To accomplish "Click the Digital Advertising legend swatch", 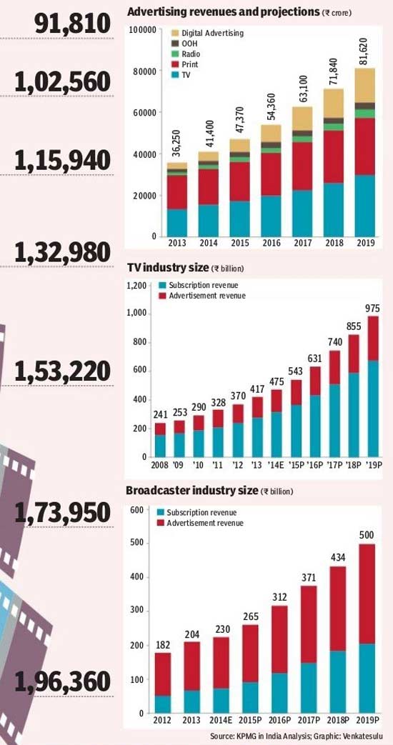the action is (175, 34).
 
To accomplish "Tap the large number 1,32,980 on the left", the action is (63, 252).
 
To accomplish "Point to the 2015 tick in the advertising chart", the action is (240, 243).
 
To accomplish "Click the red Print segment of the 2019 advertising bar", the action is (365, 147).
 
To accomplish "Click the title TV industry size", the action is (167, 267).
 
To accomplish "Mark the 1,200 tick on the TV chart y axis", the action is (136, 286).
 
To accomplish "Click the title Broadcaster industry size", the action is (191, 490).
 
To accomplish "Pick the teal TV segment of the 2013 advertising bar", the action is (176, 223).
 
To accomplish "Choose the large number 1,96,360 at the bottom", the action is (63, 684).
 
